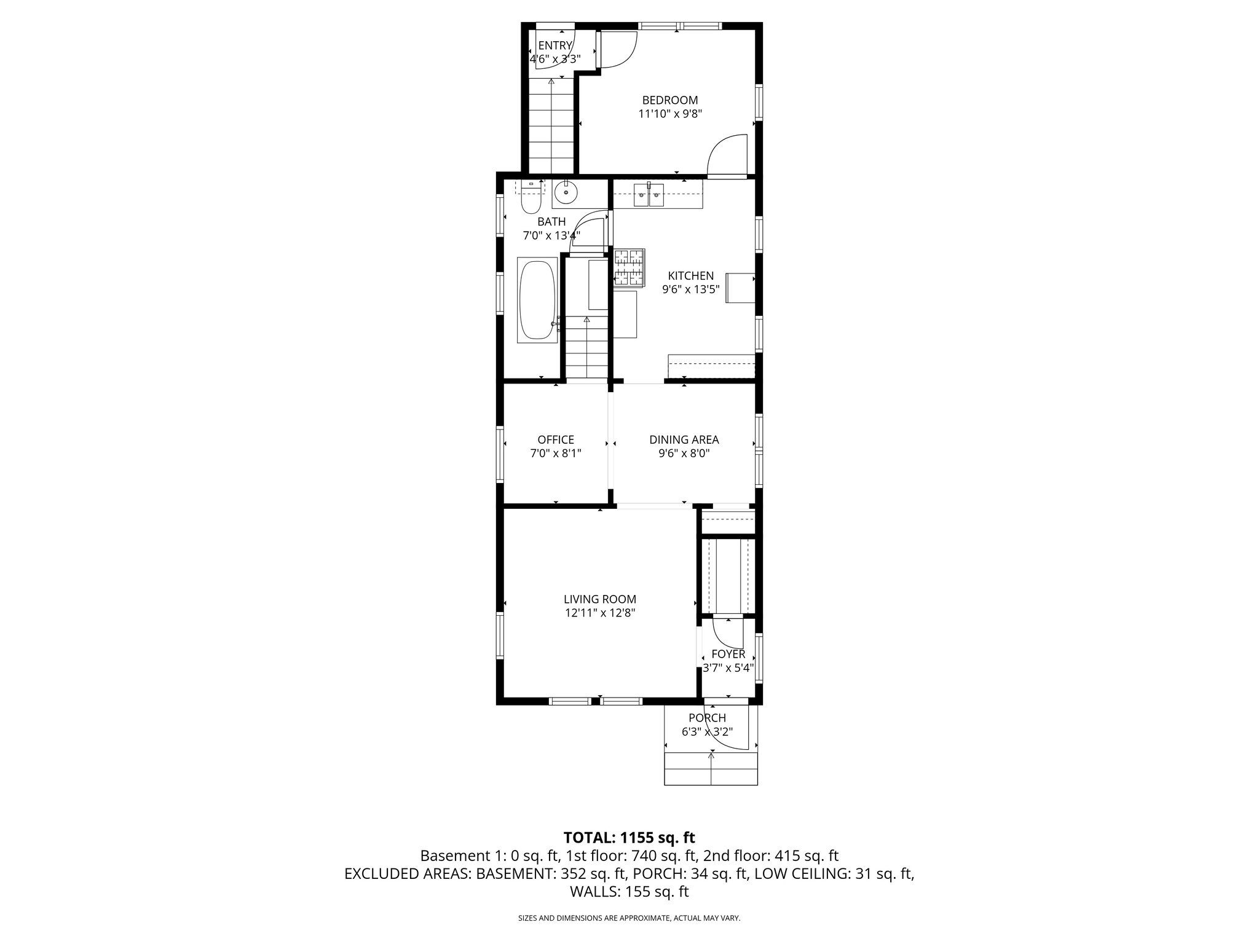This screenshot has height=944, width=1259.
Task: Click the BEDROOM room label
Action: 670,100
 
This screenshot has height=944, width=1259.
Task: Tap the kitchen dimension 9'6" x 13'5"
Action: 691,290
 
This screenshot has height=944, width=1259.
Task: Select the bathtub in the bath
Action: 538,300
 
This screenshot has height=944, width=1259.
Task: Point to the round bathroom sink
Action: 565,194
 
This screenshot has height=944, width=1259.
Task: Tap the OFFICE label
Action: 556,440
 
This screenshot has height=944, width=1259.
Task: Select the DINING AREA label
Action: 684,440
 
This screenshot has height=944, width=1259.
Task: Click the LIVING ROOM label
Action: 600,599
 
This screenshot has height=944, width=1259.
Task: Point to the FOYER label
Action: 728,655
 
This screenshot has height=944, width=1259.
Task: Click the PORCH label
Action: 707,718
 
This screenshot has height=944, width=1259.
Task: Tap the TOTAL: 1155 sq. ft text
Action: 629,837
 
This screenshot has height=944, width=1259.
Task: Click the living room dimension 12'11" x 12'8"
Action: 600,613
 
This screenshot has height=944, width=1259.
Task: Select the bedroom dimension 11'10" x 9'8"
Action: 670,114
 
